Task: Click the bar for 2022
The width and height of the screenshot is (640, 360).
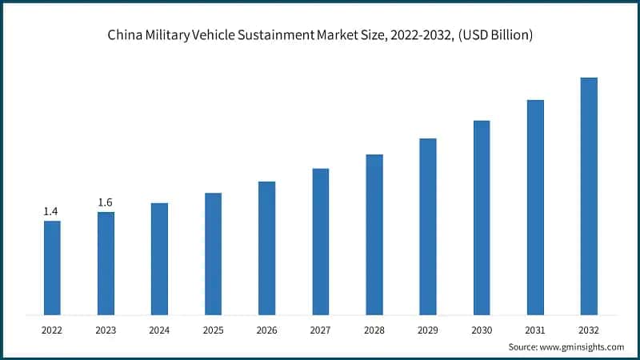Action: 52,267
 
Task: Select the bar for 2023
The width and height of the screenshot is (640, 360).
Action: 106,263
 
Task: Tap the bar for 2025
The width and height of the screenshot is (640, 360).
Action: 213,254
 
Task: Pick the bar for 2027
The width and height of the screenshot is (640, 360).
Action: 320,242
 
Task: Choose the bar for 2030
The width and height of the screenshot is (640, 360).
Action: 482,218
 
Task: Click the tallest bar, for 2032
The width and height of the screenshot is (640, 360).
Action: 589,196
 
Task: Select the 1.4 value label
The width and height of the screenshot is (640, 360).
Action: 51,211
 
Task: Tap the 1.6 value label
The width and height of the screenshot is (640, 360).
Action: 105,202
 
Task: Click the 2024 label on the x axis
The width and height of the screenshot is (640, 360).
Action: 159,329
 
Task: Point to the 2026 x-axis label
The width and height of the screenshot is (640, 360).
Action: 266,329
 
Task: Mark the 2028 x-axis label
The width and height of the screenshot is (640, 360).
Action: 374,329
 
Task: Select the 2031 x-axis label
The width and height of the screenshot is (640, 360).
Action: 535,329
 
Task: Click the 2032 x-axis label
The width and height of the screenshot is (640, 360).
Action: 589,329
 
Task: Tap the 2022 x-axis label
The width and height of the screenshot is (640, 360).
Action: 52,329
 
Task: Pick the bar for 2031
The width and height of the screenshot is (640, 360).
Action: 535,207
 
